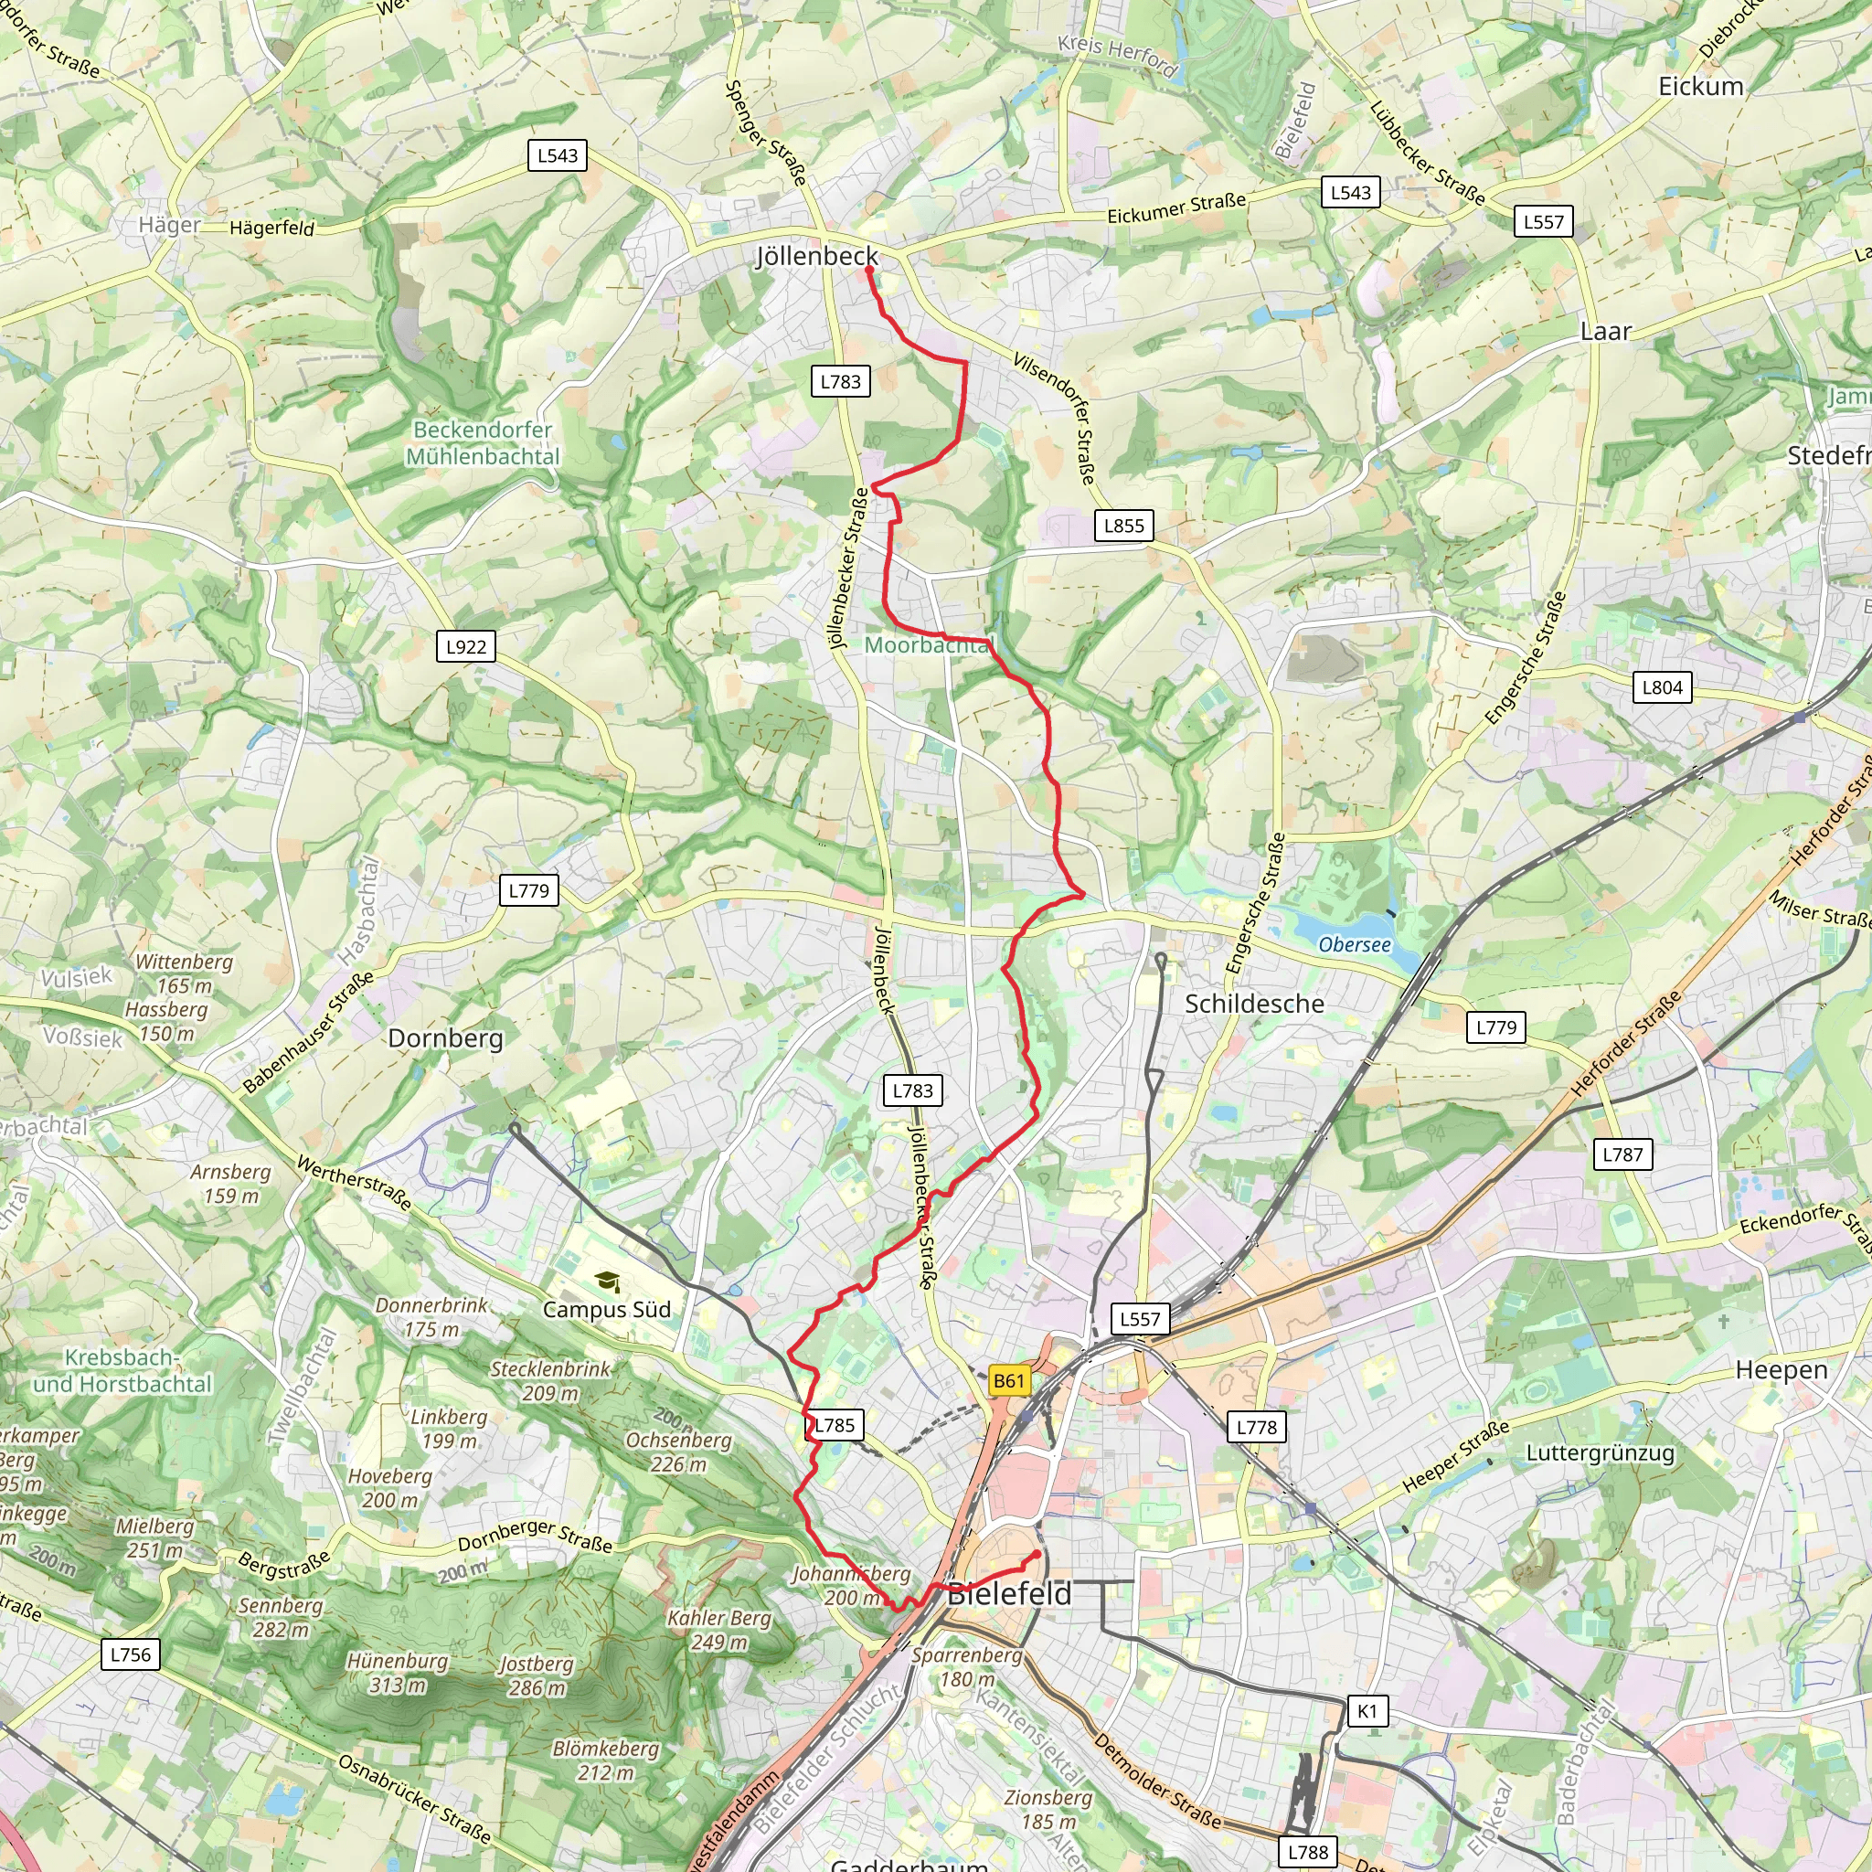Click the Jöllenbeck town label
tap(816, 256)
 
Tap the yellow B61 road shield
tap(1009, 1381)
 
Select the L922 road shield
tap(466, 646)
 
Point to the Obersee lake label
tap(1354, 945)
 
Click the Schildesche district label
tap(1254, 1004)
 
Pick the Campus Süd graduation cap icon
tap(607, 1282)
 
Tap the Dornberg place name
tap(445, 1038)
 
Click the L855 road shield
tap(1124, 526)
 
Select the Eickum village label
tap(1700, 86)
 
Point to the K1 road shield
tap(1367, 1711)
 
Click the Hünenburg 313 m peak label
tap(399, 1674)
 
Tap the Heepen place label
tap(1781, 1370)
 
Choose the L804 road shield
tap(1662, 687)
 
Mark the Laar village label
tap(1605, 332)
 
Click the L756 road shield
tap(130, 1654)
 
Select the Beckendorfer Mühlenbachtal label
tap(483, 442)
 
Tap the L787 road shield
tap(1622, 1154)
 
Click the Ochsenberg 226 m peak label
tap(678, 1452)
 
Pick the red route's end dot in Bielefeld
tap(1037, 1554)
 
